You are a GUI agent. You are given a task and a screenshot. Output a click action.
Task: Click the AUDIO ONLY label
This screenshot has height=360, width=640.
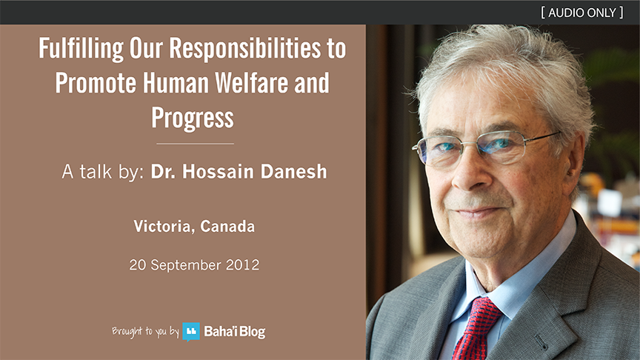tap(582, 13)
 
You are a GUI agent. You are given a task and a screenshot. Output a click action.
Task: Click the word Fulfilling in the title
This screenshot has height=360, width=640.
tap(81, 50)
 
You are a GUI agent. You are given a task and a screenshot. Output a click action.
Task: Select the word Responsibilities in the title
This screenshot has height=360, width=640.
tap(245, 50)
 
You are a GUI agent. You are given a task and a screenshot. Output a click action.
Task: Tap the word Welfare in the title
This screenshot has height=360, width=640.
tap(252, 83)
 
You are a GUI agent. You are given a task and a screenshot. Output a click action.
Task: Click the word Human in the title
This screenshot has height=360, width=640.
tap(176, 83)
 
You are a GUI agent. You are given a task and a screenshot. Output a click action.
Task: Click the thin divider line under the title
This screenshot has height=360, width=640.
tap(195, 144)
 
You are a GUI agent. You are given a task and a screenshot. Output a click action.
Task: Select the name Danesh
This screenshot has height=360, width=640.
tap(293, 171)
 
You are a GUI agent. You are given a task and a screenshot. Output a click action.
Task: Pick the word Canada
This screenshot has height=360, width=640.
tap(227, 227)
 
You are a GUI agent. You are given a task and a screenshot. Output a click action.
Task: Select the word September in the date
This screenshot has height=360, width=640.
tap(186, 266)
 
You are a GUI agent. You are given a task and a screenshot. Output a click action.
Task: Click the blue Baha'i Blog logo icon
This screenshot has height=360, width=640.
tap(191, 331)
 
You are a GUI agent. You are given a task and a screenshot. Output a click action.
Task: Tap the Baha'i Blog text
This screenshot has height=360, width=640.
tap(235, 331)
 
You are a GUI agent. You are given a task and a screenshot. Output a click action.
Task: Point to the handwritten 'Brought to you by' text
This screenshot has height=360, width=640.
tap(145, 331)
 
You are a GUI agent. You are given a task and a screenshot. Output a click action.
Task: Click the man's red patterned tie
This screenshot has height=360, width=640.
tap(476, 327)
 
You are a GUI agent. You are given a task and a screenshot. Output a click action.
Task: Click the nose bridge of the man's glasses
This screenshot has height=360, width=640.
tap(470, 146)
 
